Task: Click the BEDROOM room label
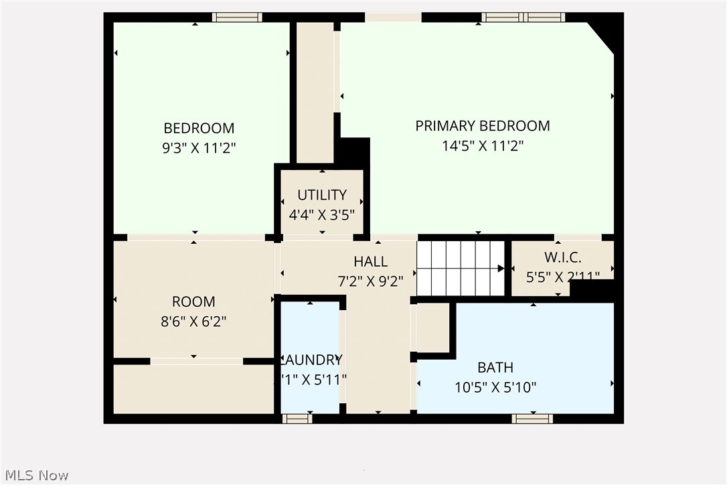pyautogui.click(x=199, y=128)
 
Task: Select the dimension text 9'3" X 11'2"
pyautogui.click(x=199, y=148)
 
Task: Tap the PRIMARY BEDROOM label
pyautogui.click(x=482, y=126)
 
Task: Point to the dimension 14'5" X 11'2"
pyautogui.click(x=482, y=146)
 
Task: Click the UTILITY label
pyautogui.click(x=322, y=195)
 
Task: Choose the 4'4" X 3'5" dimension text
pyautogui.click(x=321, y=215)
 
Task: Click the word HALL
pyautogui.click(x=370, y=262)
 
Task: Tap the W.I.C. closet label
pyautogui.click(x=562, y=257)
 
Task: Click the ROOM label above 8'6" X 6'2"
pyautogui.click(x=193, y=302)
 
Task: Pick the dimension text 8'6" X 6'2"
pyautogui.click(x=193, y=322)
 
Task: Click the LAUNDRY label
pyautogui.click(x=312, y=360)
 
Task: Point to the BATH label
pyautogui.click(x=495, y=368)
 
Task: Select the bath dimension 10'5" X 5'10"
pyautogui.click(x=495, y=387)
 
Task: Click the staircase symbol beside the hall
pyautogui.click(x=461, y=269)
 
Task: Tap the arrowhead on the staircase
pyautogui.click(x=501, y=269)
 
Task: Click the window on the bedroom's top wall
pyautogui.click(x=237, y=17)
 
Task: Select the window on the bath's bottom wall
pyautogui.click(x=532, y=419)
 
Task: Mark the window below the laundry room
pyautogui.click(x=297, y=419)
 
